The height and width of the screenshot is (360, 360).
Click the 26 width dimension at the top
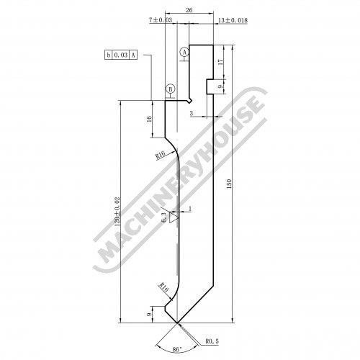pyautogui.click(x=189, y=10)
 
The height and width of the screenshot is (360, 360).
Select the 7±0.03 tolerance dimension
pyautogui.click(x=161, y=20)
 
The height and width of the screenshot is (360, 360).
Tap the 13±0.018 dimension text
pyautogui.click(x=233, y=20)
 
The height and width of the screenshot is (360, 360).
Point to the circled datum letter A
pyautogui.click(x=184, y=52)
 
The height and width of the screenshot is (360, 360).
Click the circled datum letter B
pyautogui.click(x=171, y=89)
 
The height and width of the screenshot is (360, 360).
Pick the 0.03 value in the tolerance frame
pyautogui.click(x=121, y=55)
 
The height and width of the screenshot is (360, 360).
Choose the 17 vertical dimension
pyautogui.click(x=220, y=62)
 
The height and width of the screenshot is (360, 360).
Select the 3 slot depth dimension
pyautogui.click(x=192, y=114)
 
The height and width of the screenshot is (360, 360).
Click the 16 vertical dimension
pyautogui.click(x=149, y=119)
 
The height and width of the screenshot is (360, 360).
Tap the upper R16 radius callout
pyautogui.click(x=161, y=155)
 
